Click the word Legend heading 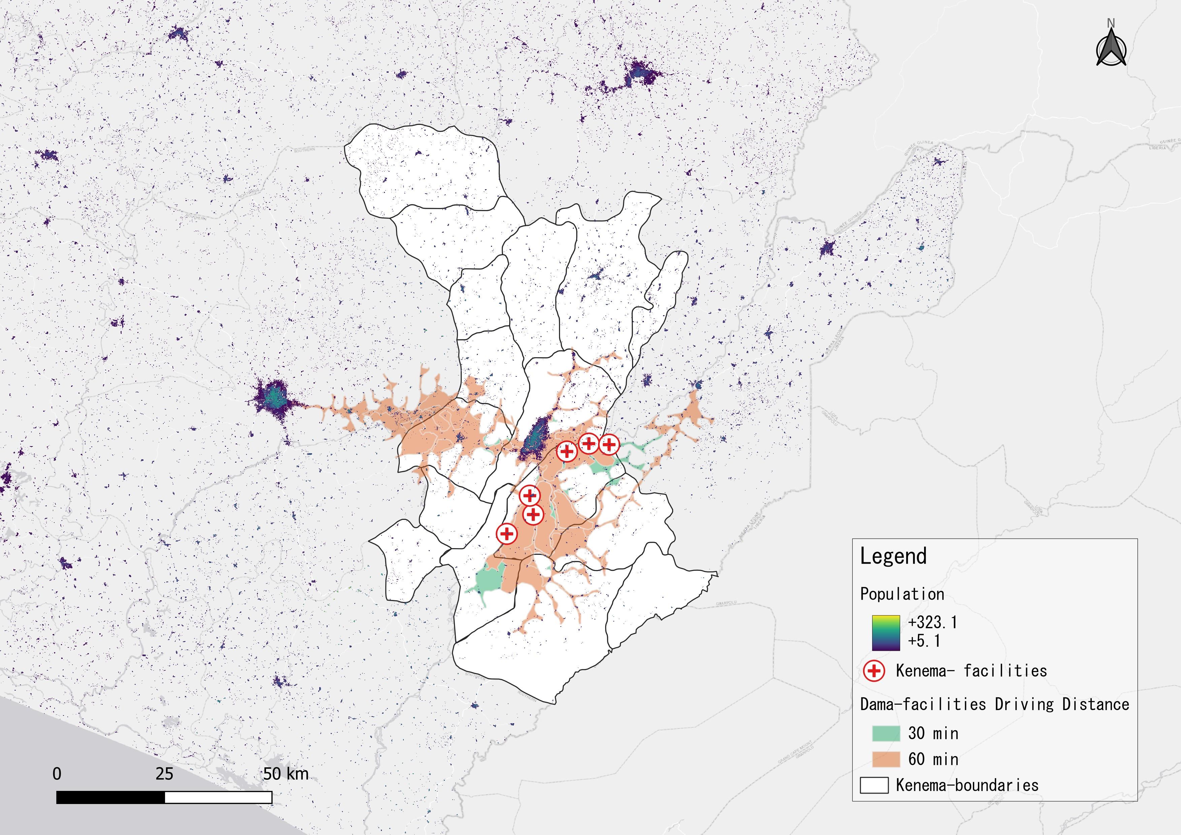893,556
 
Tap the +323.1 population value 932,623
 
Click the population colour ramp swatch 886,632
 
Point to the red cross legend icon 874,671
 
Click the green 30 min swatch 886,733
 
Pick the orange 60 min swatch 886,760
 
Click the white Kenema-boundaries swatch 874,785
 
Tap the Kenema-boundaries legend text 967,785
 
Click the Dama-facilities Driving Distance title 994,704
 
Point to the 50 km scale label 286,774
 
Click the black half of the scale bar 110,798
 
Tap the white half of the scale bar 218,798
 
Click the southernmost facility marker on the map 507,534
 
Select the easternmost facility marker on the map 609,444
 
